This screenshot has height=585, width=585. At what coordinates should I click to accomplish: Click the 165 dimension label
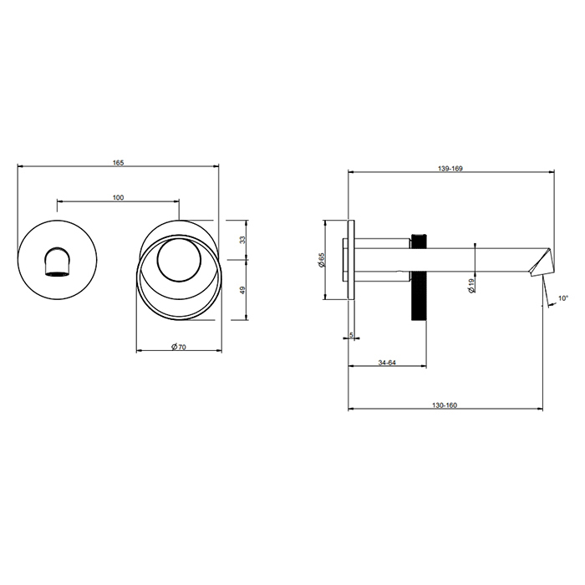tap(119, 163)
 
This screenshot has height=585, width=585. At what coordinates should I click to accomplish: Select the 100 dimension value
tap(119, 197)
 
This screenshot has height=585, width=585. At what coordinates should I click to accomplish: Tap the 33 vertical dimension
tap(243, 240)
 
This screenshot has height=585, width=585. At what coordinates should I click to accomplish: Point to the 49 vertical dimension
tap(243, 290)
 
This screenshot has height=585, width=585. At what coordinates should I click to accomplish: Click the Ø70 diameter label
tap(179, 347)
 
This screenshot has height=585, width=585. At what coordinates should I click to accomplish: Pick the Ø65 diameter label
tap(322, 260)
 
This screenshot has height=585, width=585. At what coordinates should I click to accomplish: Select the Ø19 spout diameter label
tap(472, 286)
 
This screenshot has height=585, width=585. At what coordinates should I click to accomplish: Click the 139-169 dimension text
tap(450, 169)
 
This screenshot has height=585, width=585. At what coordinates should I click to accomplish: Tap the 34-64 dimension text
tap(387, 363)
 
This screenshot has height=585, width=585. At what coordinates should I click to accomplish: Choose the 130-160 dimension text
tap(445, 405)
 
